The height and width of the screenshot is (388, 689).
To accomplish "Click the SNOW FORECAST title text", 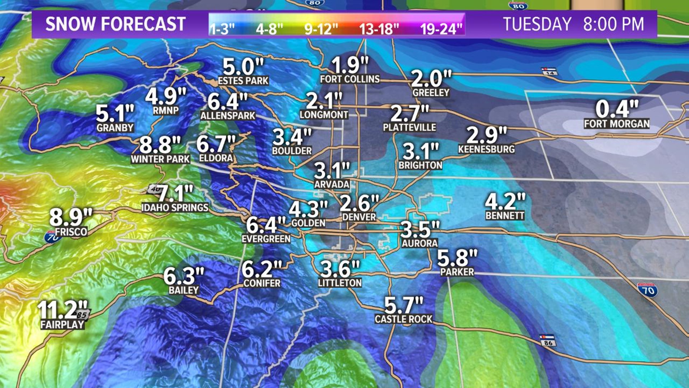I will [x=115, y=24].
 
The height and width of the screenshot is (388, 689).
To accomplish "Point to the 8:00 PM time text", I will [x=613, y=24].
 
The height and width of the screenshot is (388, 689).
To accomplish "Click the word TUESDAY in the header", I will [x=537, y=24].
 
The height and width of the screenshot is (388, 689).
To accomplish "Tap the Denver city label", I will [x=359, y=217].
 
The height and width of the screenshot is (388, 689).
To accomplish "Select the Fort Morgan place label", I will [x=617, y=124].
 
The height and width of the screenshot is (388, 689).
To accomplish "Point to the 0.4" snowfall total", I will [x=617, y=108].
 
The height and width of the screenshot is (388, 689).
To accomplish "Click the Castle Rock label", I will [x=404, y=319].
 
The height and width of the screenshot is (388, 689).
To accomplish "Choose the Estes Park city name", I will [x=243, y=81].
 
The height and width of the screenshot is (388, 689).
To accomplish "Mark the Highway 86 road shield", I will [x=548, y=340].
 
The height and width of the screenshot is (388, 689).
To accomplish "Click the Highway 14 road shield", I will [x=550, y=71].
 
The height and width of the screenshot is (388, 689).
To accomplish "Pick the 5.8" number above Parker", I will [x=457, y=258].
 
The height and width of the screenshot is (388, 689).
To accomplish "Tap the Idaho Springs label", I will [x=175, y=208].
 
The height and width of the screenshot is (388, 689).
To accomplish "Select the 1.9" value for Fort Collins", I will [x=350, y=65].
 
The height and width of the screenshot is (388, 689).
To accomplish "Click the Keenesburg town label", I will [x=486, y=149].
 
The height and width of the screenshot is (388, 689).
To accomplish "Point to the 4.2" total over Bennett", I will [x=505, y=201].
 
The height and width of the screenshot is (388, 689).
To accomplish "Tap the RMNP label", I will [x=166, y=111].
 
